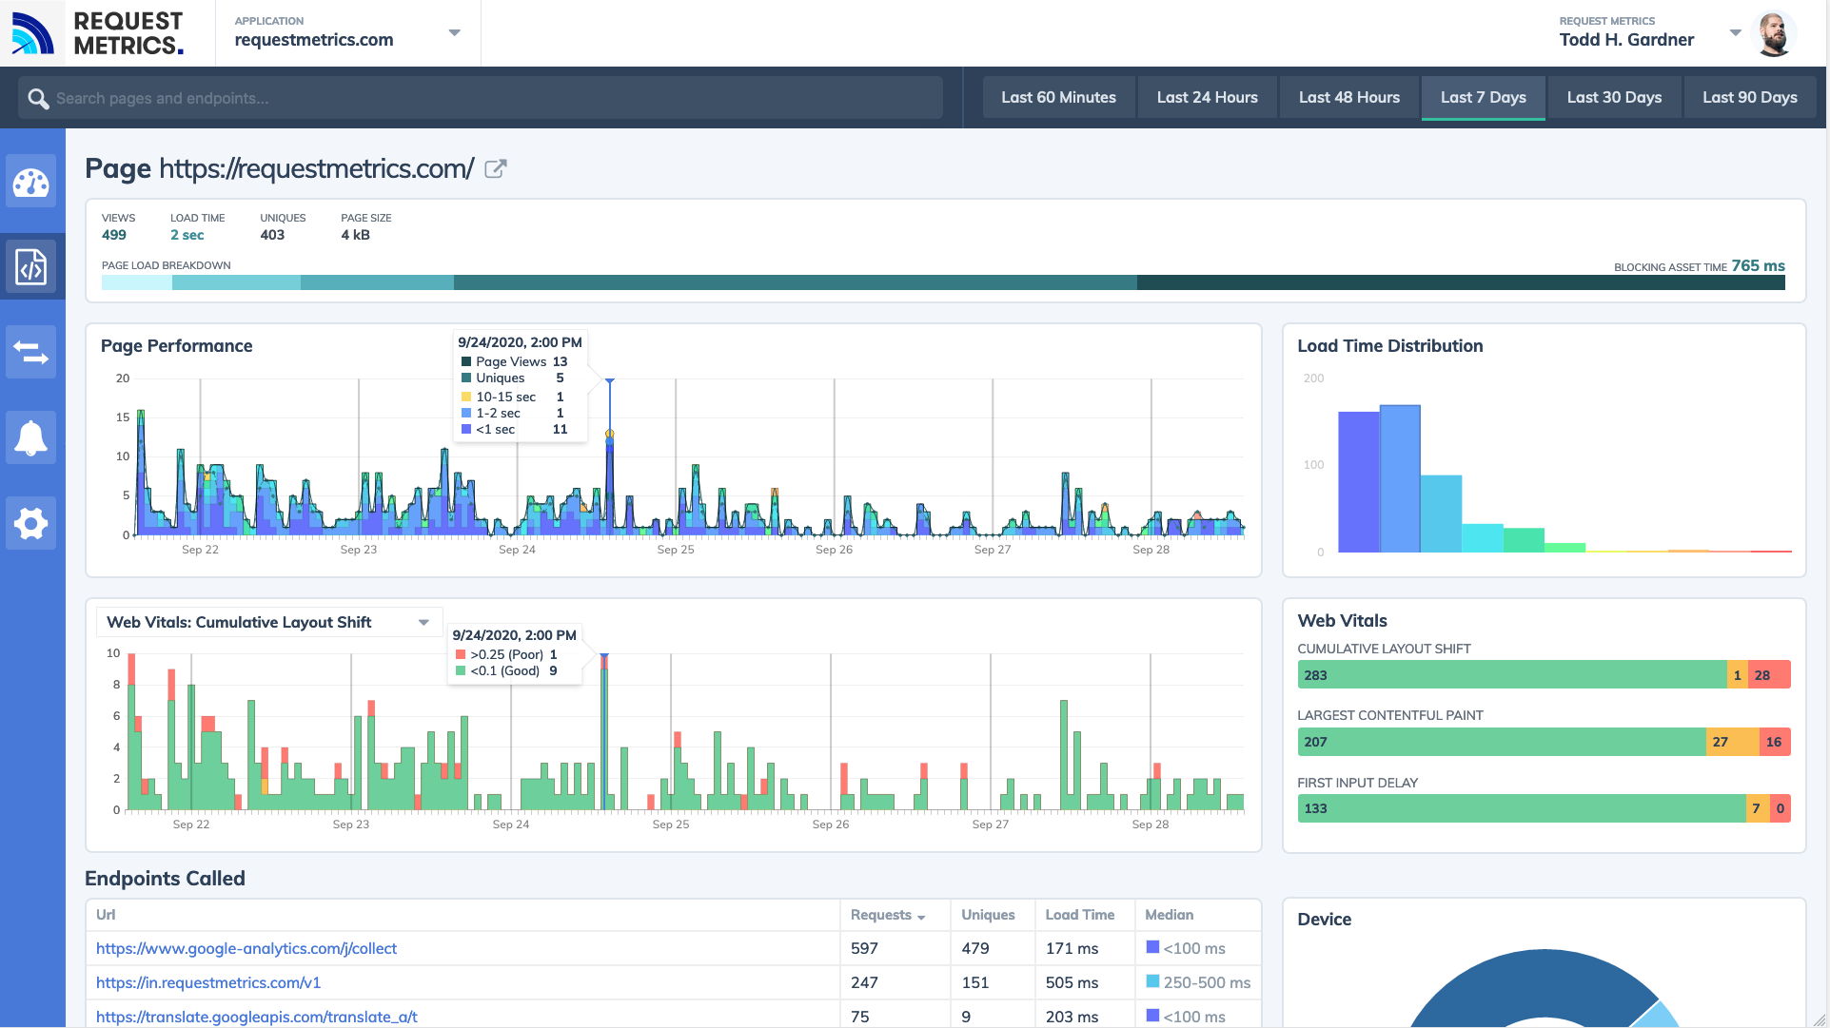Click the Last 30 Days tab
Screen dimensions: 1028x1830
click(x=1613, y=97)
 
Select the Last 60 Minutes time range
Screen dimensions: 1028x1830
click(x=1057, y=97)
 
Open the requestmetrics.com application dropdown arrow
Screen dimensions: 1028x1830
click(x=454, y=33)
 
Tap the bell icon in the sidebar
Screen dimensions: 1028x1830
click(x=31, y=437)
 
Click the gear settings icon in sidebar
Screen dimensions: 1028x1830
click(x=31, y=523)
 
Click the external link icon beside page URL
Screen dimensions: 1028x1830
click(x=495, y=169)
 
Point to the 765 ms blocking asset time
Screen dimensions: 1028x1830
click(x=1757, y=266)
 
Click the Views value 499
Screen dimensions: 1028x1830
click(x=114, y=235)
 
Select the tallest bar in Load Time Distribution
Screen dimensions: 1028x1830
click(x=1399, y=478)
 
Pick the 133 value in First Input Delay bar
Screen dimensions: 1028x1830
click(x=1315, y=808)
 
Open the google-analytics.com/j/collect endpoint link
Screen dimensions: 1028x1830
click(x=246, y=948)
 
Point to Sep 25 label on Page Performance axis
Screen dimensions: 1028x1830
click(x=675, y=550)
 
